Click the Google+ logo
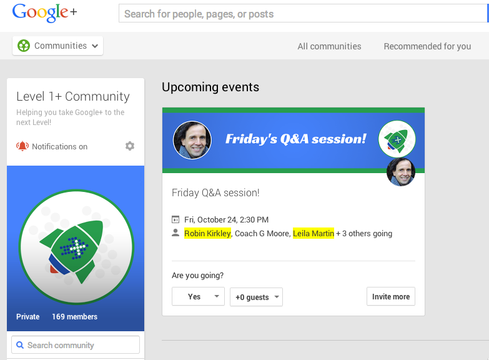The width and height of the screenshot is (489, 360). click(x=44, y=12)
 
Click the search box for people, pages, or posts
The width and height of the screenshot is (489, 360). click(x=303, y=13)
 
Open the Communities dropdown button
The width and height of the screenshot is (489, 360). click(x=57, y=46)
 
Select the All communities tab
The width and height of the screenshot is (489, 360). click(x=329, y=46)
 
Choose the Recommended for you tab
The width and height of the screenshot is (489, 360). click(x=427, y=46)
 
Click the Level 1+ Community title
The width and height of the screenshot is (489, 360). click(x=73, y=96)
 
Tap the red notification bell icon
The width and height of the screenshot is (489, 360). click(x=22, y=146)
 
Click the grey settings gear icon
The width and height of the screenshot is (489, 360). click(x=130, y=146)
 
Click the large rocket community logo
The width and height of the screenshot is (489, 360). click(x=76, y=247)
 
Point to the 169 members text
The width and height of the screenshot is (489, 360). click(x=74, y=317)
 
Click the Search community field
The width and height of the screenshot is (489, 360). click(x=76, y=345)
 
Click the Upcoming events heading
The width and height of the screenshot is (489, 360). click(x=210, y=87)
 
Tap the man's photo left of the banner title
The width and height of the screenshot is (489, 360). click(x=192, y=140)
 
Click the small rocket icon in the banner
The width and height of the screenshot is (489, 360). click(x=397, y=139)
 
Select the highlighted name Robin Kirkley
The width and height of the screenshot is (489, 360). click(x=207, y=233)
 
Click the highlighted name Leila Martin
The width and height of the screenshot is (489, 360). click(x=314, y=233)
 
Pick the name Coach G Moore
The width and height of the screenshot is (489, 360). click(x=262, y=234)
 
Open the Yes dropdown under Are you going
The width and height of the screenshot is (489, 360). click(x=198, y=296)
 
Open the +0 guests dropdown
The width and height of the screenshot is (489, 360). click(x=256, y=297)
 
